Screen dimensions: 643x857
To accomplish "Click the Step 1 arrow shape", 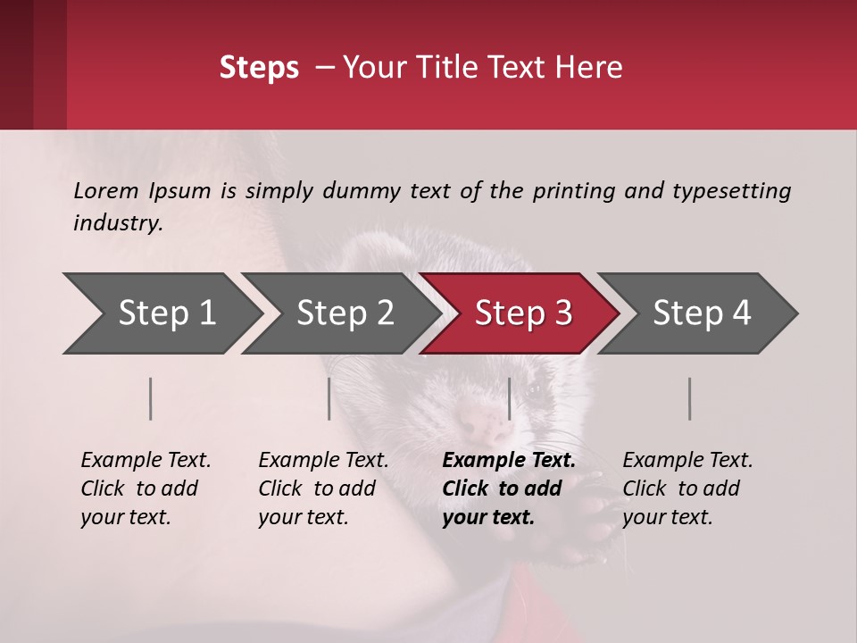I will click(x=165, y=313).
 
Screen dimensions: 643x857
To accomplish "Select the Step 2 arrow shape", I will click(x=344, y=313).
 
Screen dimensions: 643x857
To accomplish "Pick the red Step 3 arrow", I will click(x=522, y=313).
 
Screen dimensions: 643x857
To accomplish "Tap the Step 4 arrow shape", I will click(x=701, y=313).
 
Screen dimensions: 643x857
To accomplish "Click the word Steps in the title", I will click(x=259, y=68).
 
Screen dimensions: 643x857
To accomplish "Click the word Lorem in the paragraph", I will click(x=106, y=191).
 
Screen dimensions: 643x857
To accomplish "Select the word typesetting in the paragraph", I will click(x=731, y=191).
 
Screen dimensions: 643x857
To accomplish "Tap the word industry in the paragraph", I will click(x=117, y=223).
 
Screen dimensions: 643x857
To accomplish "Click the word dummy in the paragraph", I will click(x=362, y=191).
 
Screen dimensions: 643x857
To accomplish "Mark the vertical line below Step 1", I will click(x=151, y=398).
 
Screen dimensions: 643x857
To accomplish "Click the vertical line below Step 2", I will click(x=329, y=398).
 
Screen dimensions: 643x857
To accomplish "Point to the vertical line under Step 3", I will click(x=509, y=398).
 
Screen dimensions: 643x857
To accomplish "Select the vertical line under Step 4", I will click(x=690, y=398).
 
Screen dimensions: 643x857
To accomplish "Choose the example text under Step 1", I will click(x=146, y=489).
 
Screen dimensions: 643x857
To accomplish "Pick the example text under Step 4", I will click(x=687, y=489).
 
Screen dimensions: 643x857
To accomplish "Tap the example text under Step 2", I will click(x=323, y=489).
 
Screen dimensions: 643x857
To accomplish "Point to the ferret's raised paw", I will click(x=589, y=527).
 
